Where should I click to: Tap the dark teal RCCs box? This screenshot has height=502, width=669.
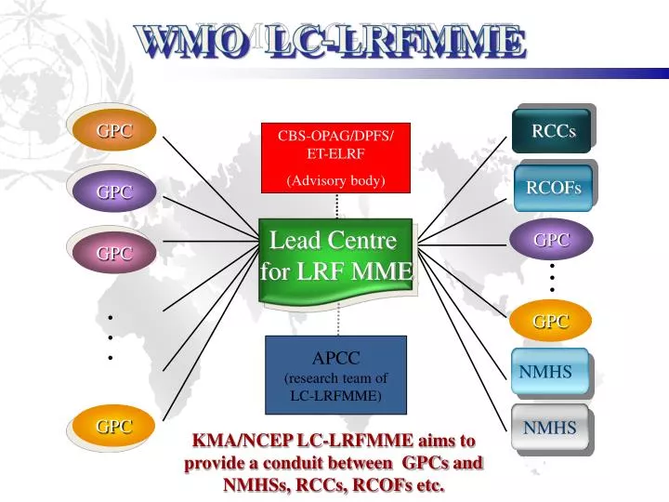pos(553,131)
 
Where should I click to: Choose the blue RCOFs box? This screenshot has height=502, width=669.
pos(553,189)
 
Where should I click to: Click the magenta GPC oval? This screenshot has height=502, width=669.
pos(114,253)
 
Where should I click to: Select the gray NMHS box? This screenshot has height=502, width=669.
pos(549,428)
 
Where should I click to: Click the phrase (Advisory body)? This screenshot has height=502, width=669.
pos(335,180)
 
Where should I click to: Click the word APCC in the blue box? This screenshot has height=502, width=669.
pos(335,359)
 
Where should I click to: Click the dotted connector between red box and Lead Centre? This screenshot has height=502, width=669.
pos(337,205)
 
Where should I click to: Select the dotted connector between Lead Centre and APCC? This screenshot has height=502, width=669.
pos(337,319)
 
